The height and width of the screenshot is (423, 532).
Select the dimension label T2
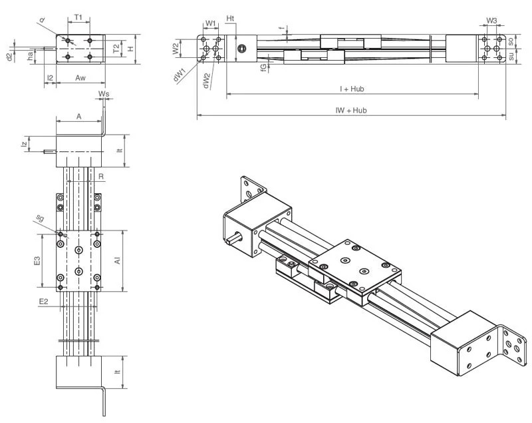click(x=116, y=49)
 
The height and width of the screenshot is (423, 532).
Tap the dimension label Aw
click(x=80, y=78)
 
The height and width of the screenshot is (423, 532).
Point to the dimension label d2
click(x=9, y=57)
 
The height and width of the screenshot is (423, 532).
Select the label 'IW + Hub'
click(x=351, y=111)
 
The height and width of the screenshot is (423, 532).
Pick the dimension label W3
click(x=491, y=21)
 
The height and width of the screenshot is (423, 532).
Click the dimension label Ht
click(x=230, y=17)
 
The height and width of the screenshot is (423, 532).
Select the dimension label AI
click(x=117, y=261)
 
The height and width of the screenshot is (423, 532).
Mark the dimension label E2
click(x=43, y=302)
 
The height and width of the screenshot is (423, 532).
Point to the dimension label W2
click(x=176, y=49)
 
